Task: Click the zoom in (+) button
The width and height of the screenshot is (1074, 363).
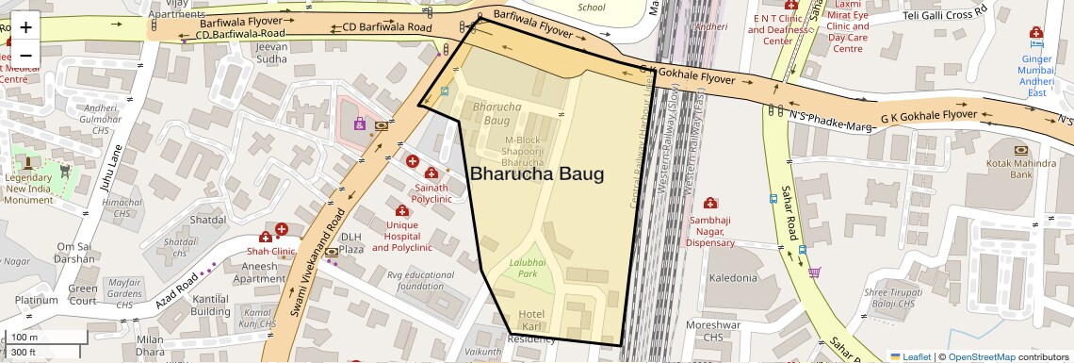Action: (x=25, y=27)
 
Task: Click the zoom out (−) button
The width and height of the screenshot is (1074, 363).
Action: (x=25, y=55)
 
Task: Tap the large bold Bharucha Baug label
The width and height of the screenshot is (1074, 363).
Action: (x=536, y=174)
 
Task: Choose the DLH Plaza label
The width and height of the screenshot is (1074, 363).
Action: (x=350, y=242)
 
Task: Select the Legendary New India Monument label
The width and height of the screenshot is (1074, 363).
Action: (x=28, y=189)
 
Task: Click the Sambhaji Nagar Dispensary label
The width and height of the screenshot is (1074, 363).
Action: (x=710, y=231)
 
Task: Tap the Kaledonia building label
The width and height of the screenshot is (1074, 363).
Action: (x=733, y=278)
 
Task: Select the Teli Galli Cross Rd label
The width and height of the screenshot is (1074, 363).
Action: (x=944, y=15)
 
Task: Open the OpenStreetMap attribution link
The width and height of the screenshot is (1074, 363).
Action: (x=981, y=356)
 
